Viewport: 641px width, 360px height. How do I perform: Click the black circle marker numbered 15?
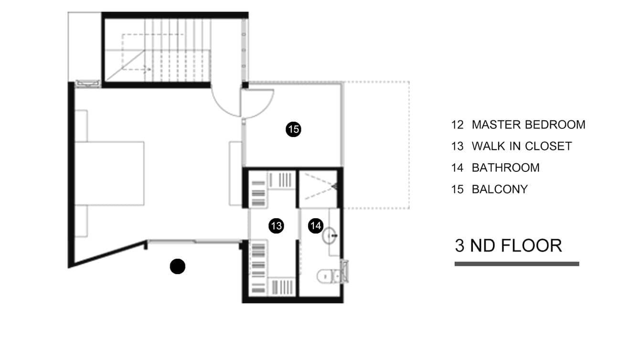click(x=294, y=129)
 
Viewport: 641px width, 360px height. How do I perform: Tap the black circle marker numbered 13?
click(x=276, y=225)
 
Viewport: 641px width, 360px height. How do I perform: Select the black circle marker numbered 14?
click(x=315, y=225)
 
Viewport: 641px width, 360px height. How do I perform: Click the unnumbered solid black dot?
click(x=178, y=266)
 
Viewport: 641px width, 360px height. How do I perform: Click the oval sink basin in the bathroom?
click(x=331, y=235)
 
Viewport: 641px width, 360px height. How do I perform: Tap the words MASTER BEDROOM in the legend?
click(x=528, y=125)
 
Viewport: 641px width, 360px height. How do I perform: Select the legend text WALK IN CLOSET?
click(x=522, y=147)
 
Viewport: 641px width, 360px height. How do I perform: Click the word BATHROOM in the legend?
click(x=505, y=168)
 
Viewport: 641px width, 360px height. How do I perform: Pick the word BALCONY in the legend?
click(x=500, y=190)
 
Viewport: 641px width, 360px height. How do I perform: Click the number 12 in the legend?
click(x=457, y=125)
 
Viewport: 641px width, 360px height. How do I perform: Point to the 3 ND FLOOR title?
click(x=508, y=246)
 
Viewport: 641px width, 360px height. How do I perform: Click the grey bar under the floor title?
click(x=516, y=264)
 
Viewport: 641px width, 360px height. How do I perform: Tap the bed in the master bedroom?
click(x=110, y=173)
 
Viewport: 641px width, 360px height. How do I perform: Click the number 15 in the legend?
click(x=457, y=190)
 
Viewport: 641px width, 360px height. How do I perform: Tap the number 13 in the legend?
click(x=457, y=147)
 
